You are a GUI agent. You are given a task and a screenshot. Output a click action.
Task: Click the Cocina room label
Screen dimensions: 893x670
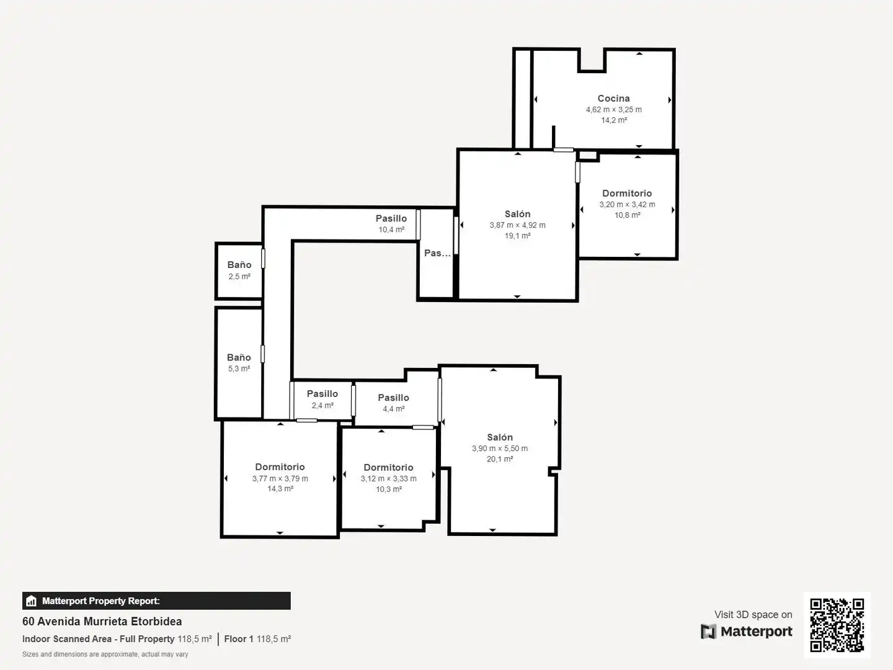(x=613, y=99)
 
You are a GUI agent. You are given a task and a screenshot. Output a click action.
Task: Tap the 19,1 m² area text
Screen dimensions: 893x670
(x=517, y=236)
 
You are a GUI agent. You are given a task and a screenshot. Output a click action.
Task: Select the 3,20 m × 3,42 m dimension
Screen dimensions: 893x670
(x=627, y=204)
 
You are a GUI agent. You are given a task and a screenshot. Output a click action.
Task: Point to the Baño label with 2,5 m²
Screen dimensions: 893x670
(x=239, y=265)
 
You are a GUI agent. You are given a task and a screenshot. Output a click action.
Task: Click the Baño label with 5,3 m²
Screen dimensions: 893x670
(x=239, y=357)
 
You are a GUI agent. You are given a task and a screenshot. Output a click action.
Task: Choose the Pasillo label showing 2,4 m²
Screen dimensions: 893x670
(x=322, y=394)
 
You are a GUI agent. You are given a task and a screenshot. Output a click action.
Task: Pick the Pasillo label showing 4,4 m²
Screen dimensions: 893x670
(x=393, y=398)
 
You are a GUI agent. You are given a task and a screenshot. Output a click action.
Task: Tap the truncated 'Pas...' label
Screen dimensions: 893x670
(x=437, y=253)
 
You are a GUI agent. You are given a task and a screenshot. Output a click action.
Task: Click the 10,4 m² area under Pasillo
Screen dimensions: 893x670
(x=391, y=230)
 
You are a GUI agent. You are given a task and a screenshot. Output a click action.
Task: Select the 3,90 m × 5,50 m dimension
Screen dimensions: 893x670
(x=500, y=449)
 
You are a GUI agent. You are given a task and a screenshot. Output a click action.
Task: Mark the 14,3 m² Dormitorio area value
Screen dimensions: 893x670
(x=280, y=489)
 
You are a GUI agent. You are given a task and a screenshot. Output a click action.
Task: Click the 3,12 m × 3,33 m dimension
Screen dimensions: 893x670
(x=389, y=478)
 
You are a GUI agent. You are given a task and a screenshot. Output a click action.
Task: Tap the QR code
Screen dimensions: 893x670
(x=837, y=625)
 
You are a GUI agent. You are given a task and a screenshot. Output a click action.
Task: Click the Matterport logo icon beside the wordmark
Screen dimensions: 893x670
(x=708, y=632)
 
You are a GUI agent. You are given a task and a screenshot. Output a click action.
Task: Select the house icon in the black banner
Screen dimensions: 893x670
(x=32, y=601)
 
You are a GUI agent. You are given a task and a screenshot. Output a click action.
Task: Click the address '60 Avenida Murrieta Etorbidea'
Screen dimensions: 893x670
(x=102, y=621)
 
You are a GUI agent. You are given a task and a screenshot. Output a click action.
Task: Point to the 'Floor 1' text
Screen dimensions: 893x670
(x=239, y=639)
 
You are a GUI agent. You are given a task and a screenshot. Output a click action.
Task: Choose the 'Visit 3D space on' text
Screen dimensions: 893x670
(x=753, y=614)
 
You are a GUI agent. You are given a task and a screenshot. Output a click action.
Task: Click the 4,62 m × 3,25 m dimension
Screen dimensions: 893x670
(x=613, y=109)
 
